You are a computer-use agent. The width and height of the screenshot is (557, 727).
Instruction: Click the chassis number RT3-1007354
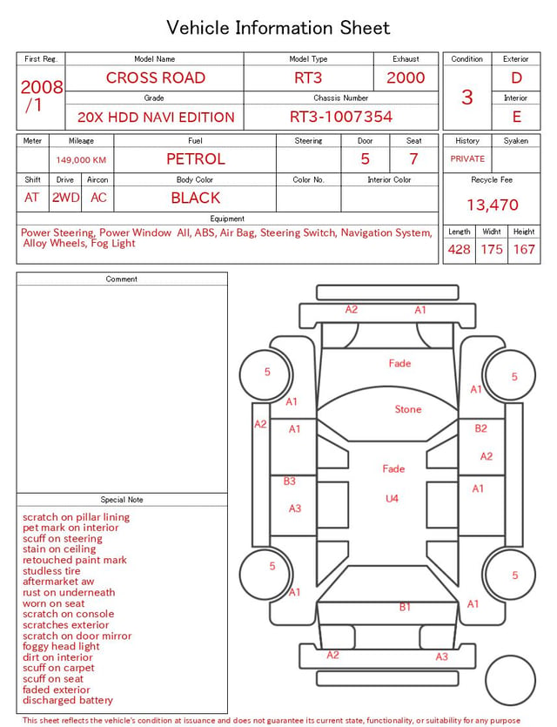coord(341,117)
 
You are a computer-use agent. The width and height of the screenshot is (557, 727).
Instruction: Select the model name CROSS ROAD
coord(156,77)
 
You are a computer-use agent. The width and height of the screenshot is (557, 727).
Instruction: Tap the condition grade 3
coord(467,98)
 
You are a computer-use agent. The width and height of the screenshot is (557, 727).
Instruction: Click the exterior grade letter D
coord(516,77)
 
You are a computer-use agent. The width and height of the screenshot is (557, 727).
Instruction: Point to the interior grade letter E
coord(517,117)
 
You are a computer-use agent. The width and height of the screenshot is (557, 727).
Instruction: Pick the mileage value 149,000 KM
coord(81,160)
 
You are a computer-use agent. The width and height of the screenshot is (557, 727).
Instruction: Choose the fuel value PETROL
coord(196,159)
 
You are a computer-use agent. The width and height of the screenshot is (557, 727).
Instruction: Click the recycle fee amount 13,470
coord(492,205)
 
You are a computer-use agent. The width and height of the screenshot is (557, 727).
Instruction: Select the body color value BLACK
coord(196,198)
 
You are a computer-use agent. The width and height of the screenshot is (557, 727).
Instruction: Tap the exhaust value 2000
coord(406,77)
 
